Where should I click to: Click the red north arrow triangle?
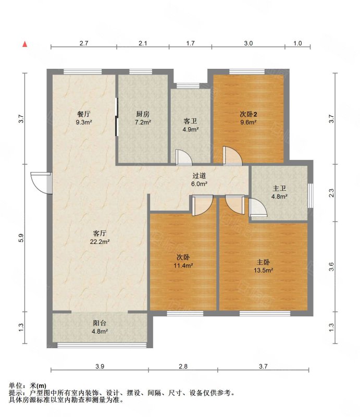pos(24,44)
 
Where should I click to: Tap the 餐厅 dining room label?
pos(84,114)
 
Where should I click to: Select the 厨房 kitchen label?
pos(143,114)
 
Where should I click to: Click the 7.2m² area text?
pos(143,122)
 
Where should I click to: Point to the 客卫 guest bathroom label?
pos(190,121)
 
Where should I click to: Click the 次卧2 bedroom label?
pos(249,114)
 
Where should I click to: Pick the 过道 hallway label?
pos(199,176)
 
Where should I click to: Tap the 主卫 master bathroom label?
pos(279,188)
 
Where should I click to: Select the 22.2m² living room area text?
pos(100,242)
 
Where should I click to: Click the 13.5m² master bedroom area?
pos(263,271)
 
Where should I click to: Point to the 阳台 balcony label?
pos(100,323)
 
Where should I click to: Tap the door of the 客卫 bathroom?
pos(184,157)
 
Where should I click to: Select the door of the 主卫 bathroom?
pos(258,207)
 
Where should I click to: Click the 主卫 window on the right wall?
pos(311,195)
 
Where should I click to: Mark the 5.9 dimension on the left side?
pos(21,238)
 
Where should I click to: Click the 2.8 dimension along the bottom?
pos(183,366)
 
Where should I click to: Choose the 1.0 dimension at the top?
pos(297,43)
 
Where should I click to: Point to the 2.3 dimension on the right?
pos(331,193)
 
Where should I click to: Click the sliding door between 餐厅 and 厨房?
pos(117,117)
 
